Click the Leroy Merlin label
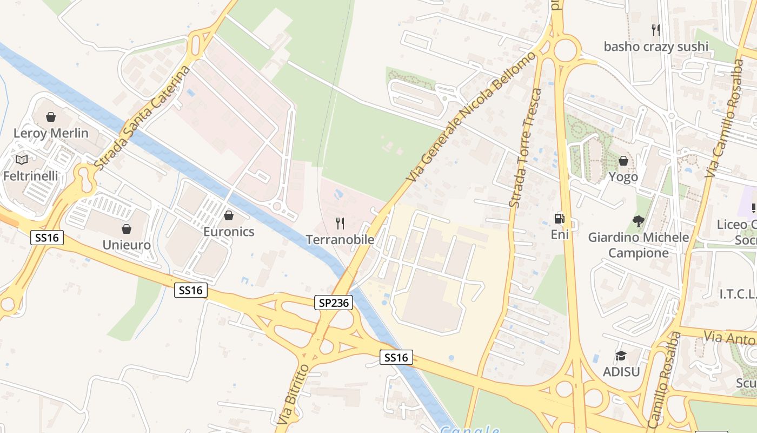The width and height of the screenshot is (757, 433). pyautogui.click(x=51, y=133)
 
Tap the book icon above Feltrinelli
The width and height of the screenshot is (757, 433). pyautogui.click(x=22, y=160)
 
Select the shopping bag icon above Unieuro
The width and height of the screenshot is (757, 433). pyautogui.click(x=127, y=229)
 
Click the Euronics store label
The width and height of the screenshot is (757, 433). pyautogui.click(x=229, y=232)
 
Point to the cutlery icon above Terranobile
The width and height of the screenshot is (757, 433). pyautogui.click(x=340, y=223)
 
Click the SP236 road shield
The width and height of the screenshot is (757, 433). pyautogui.click(x=334, y=303)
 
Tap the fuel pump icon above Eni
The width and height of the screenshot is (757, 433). pyautogui.click(x=560, y=219)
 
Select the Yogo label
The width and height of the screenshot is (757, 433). pyautogui.click(x=623, y=177)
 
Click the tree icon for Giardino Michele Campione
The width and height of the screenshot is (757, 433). pyautogui.click(x=639, y=221)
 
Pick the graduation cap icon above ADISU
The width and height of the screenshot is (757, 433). pyautogui.click(x=621, y=356)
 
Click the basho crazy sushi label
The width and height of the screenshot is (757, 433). pyautogui.click(x=656, y=47)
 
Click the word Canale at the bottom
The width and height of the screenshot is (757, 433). pyautogui.click(x=469, y=430)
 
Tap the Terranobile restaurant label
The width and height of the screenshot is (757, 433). pyautogui.click(x=340, y=239)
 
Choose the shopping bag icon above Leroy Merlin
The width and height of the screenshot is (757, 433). pyautogui.click(x=51, y=116)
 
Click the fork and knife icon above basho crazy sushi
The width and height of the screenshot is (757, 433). pyautogui.click(x=656, y=30)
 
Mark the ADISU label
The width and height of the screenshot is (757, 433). pyautogui.click(x=621, y=372)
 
